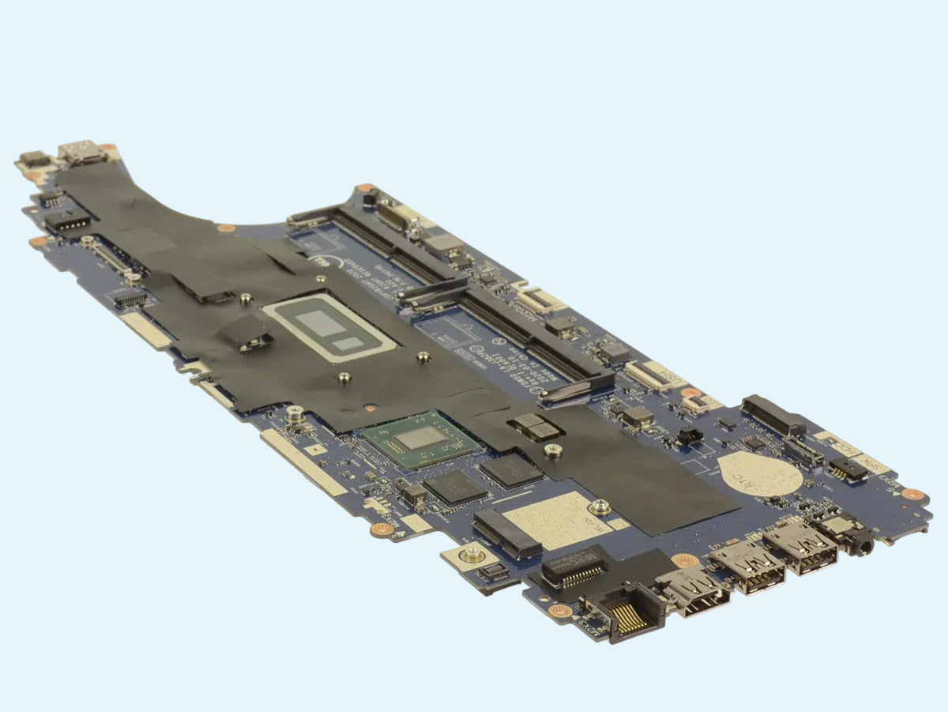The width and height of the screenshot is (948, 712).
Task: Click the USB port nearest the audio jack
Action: point(800,545)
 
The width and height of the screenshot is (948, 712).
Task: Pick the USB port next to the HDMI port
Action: point(747,566)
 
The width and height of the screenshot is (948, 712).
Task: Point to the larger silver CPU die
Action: point(320,322)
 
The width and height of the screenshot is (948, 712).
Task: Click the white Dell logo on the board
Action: point(315,261)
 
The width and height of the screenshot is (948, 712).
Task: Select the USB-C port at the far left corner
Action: point(82,153)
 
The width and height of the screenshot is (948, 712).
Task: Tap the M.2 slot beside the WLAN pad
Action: point(506,534)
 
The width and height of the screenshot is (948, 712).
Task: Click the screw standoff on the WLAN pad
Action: point(600,506)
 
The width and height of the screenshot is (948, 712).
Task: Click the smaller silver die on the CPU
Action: point(346,344)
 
